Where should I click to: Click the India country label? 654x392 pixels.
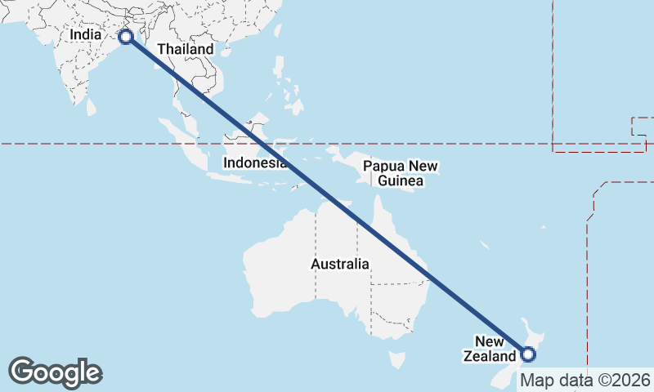(x=86, y=35)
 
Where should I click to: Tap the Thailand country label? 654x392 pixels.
(x=186, y=49)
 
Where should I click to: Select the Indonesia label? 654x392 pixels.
(x=255, y=163)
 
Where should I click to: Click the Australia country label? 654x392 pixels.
(x=340, y=265)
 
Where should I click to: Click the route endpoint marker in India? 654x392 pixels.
(x=126, y=37)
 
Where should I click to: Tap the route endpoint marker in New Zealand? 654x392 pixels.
(x=527, y=354)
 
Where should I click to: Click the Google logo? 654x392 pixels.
(x=55, y=372)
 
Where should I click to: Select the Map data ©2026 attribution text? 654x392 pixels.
(x=585, y=381)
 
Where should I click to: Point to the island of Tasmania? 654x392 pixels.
(x=397, y=359)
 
